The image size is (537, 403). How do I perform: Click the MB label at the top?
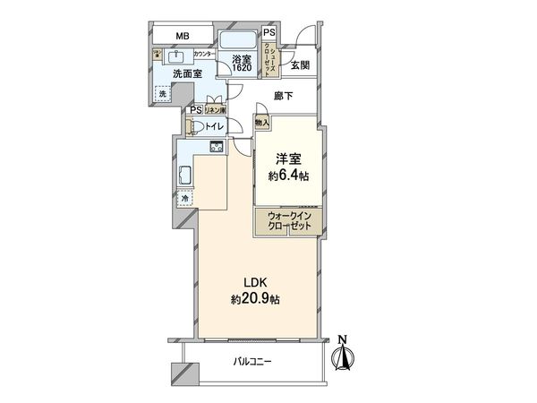click(182, 37)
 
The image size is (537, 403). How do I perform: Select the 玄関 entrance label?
click(299, 64)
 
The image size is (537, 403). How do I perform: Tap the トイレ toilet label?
click(214, 127)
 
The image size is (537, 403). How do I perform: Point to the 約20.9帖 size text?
click(254, 300)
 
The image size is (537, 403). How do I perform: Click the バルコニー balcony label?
click(253, 361)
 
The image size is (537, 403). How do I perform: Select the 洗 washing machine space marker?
click(163, 93)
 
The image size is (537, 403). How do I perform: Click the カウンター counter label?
click(205, 55)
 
